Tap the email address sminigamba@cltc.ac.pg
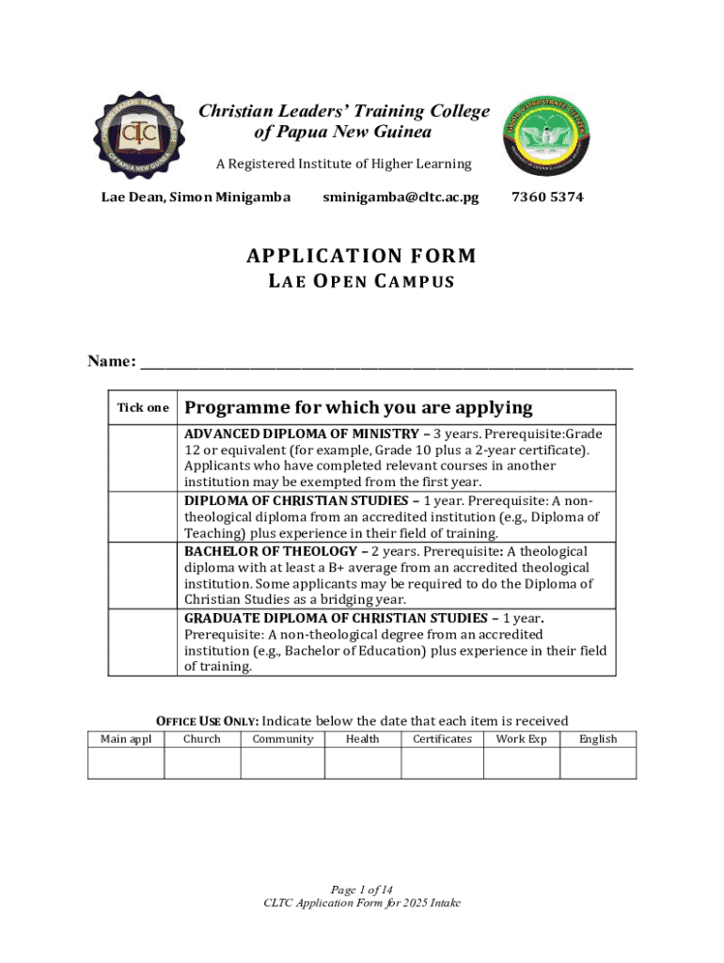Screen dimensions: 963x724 [401, 197]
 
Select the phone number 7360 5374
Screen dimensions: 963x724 [547, 197]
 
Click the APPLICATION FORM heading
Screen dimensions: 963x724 [362, 256]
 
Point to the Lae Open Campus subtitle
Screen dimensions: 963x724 [362, 281]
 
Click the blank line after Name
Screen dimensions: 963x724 [386, 363]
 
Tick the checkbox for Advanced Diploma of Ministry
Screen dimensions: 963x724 [142, 458]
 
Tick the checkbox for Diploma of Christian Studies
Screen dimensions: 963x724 [142, 516]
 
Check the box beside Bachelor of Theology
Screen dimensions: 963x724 [142, 575]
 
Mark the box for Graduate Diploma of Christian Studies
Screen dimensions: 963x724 [142, 642]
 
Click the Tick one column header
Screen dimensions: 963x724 [142, 408]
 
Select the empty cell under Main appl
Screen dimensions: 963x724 [126, 764]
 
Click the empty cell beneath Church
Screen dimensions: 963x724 [202, 764]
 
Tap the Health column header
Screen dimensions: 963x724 [362, 739]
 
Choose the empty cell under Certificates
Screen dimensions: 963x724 [442, 764]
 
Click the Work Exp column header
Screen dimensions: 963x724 [521, 739]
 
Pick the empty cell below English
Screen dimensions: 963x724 [598, 764]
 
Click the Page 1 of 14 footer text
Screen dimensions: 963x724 [362, 890]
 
